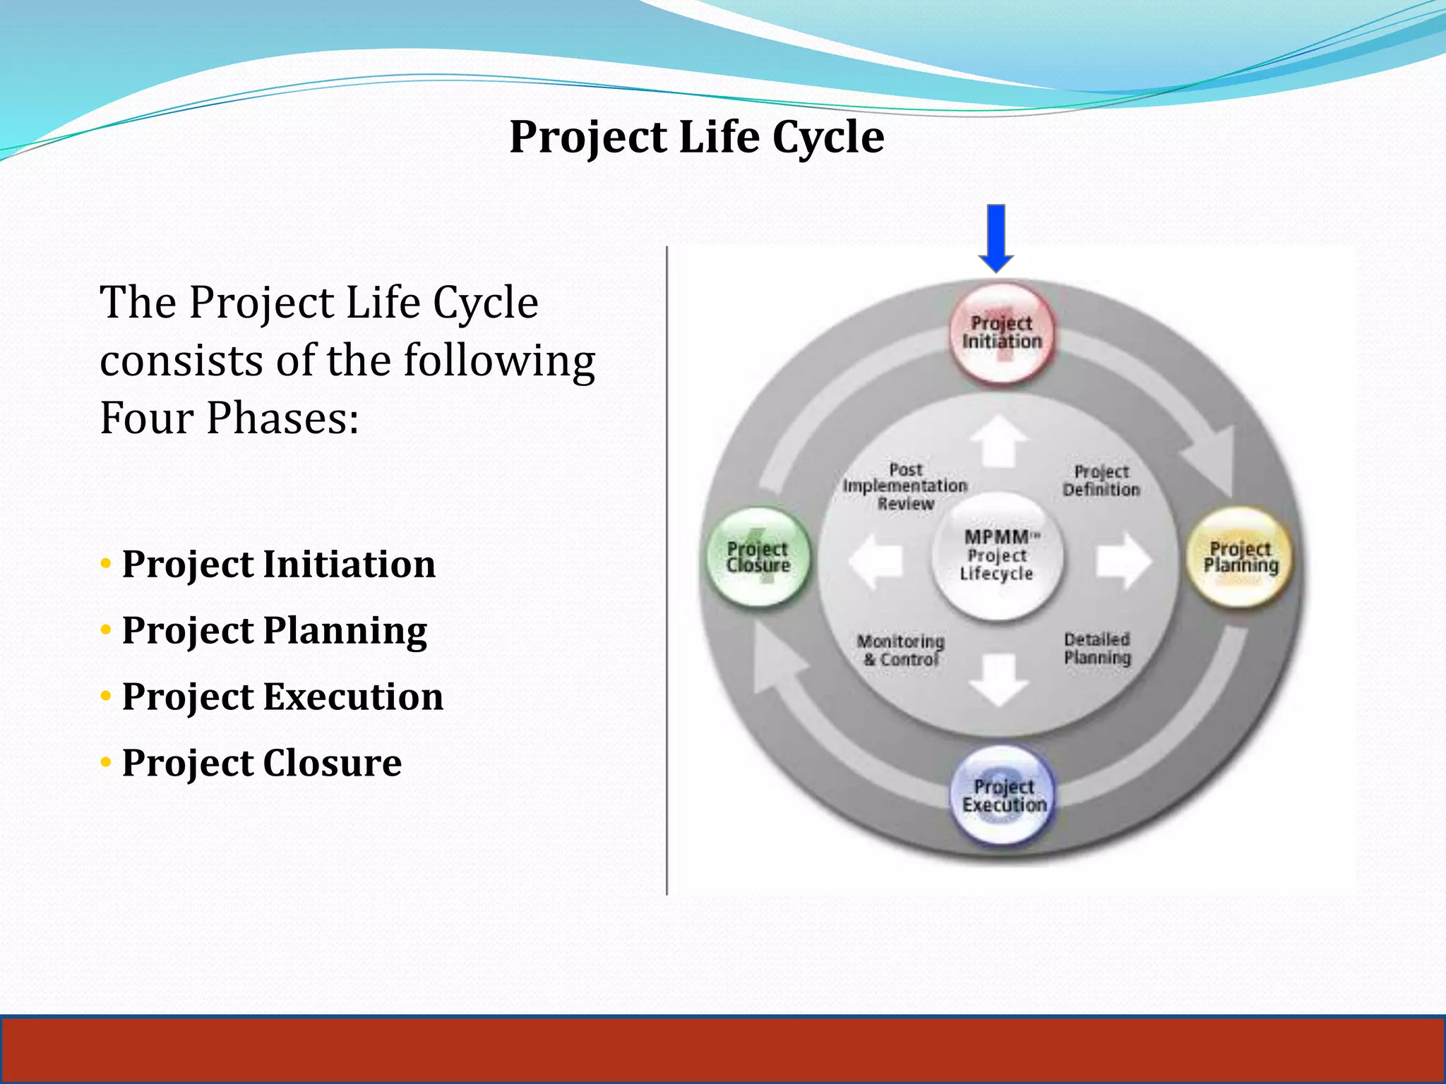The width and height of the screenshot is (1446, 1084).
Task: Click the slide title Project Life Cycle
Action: pos(696,137)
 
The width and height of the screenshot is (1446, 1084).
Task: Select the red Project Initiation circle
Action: pos(1002,333)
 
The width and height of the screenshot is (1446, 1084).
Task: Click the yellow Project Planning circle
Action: pos(1241,558)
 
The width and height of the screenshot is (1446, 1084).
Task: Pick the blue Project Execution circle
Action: pos(1003,796)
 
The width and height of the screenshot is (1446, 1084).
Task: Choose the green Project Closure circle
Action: pos(758,558)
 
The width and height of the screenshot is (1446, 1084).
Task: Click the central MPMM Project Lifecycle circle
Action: pos(997,556)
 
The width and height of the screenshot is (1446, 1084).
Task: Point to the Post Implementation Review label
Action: pos(905,486)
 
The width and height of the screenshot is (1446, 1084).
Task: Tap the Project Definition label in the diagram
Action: pos(1101,481)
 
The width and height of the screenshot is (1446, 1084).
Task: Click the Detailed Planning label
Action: pos(1097,649)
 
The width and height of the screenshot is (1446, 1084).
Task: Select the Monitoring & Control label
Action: pos(901,651)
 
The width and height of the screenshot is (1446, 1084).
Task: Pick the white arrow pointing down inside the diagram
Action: pos(998,679)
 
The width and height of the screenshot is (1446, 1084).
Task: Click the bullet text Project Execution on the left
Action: pos(282,697)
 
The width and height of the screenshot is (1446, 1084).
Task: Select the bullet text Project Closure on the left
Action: pos(261,763)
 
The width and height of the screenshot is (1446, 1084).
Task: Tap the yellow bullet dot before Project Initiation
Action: pos(106,564)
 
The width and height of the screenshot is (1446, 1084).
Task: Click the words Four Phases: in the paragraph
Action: pos(229,418)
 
